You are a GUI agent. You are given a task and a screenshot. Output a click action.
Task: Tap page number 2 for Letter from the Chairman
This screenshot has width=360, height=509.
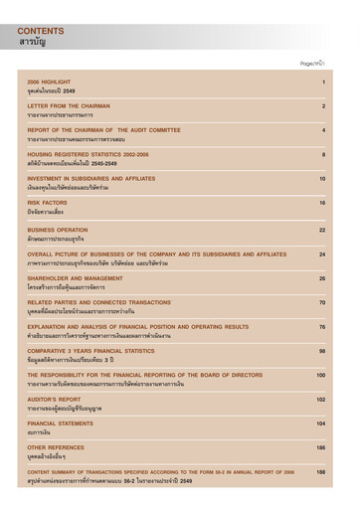click(x=323, y=105)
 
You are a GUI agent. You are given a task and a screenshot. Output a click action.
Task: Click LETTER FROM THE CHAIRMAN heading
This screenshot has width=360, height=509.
click(x=69, y=105)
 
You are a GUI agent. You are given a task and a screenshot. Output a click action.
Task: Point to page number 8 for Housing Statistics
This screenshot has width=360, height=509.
click(x=323, y=154)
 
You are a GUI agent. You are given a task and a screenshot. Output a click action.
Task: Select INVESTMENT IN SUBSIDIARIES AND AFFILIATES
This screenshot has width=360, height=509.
click(x=91, y=179)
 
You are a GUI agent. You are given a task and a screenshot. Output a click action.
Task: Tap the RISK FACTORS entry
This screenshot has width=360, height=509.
click(x=47, y=203)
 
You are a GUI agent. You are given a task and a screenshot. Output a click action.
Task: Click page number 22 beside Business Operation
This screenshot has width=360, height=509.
click(x=321, y=230)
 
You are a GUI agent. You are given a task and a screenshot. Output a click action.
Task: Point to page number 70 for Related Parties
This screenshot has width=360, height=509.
click(x=321, y=302)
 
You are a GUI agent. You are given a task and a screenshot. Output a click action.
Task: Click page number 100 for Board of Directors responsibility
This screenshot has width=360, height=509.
click(x=320, y=375)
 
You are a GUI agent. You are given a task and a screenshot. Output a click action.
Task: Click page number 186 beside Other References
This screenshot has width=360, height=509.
click(x=320, y=448)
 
